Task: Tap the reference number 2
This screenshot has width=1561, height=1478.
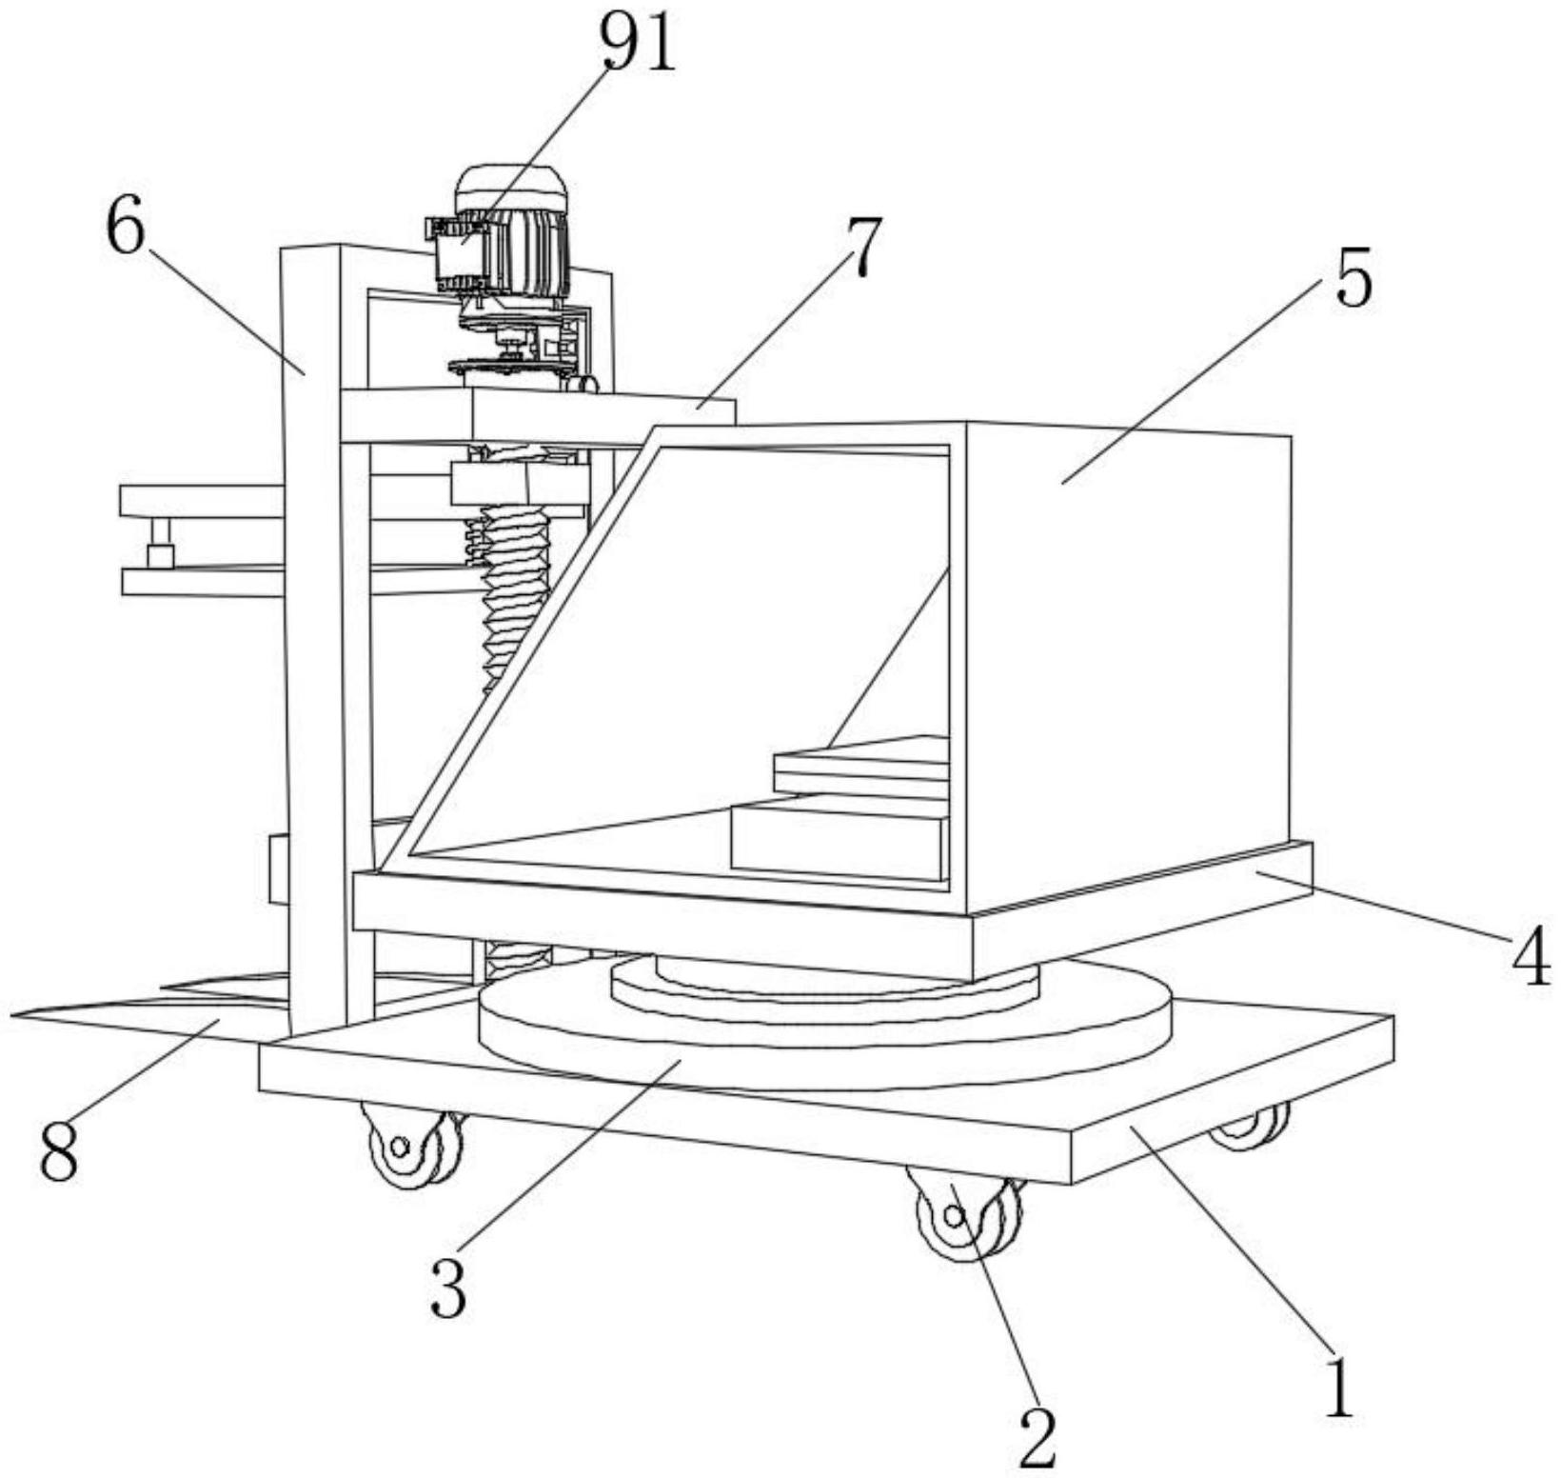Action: coord(1037,1436)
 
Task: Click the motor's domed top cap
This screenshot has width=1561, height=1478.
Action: coord(511,186)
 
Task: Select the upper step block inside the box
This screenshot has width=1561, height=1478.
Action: coord(861,762)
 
